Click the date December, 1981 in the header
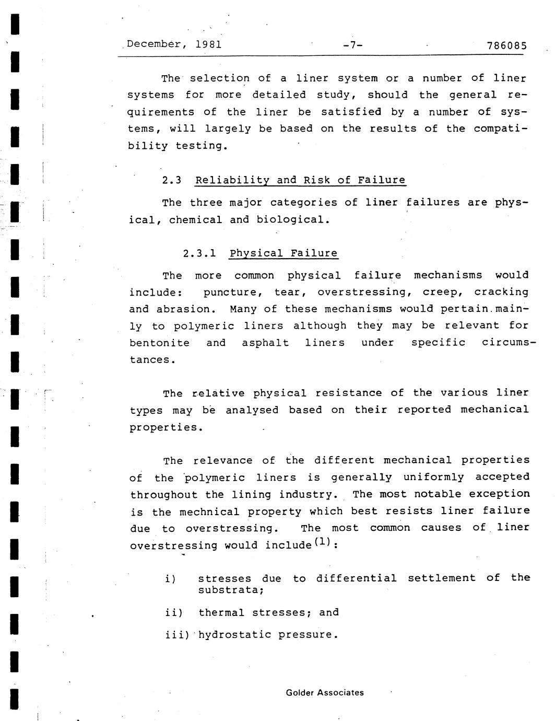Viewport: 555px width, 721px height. point(174,44)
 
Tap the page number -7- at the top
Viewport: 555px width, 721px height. point(352,45)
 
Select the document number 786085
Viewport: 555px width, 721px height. point(506,46)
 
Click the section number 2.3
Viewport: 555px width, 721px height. point(172,181)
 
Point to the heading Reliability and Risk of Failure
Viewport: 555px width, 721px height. point(300,181)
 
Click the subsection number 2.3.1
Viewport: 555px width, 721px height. point(199,254)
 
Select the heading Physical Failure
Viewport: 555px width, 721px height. point(284,254)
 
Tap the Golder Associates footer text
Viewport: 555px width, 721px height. point(325,693)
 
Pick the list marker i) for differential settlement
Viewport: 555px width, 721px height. point(170,579)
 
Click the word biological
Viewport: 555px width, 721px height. point(293,220)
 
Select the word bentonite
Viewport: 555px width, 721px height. point(160,343)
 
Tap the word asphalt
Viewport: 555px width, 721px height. point(265,343)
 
